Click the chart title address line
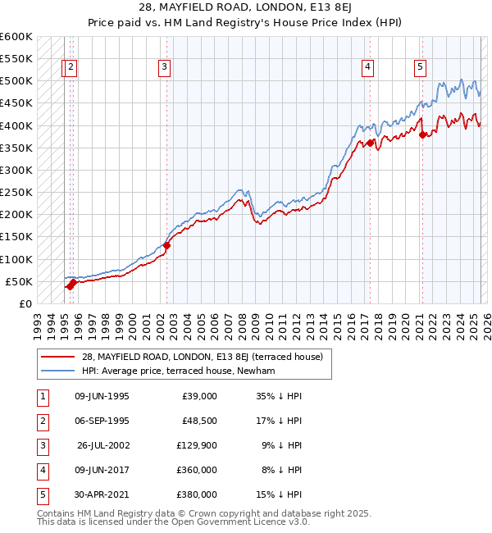(246, 8)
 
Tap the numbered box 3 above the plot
(165, 67)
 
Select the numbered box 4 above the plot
(368, 67)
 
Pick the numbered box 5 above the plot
(420, 67)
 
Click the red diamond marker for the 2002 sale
(166, 244)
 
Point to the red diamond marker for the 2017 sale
(371, 143)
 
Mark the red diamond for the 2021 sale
(423, 135)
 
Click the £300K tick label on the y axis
(16, 171)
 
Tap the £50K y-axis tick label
(20, 282)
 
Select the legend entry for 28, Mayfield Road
(202, 357)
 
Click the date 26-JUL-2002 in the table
(102, 445)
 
